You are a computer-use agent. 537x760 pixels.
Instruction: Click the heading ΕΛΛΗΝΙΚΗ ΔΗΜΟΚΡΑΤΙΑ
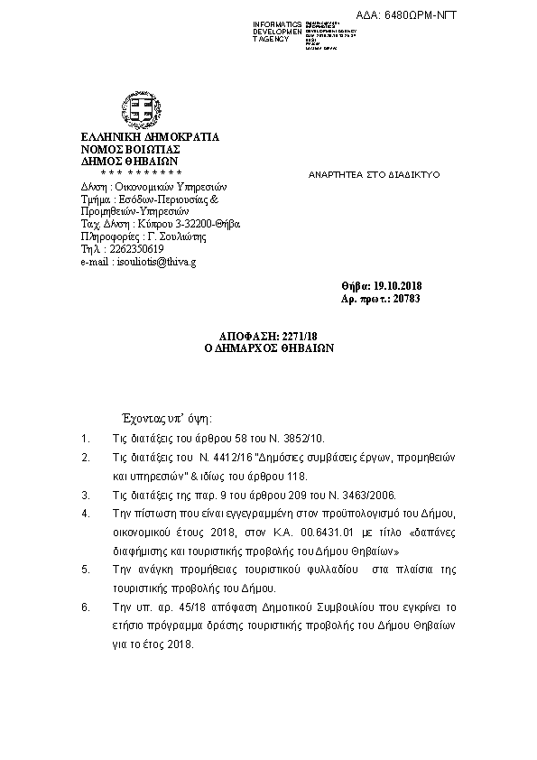(x=150, y=137)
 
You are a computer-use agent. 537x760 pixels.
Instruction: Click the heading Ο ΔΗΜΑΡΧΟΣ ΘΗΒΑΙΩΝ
(x=270, y=348)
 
